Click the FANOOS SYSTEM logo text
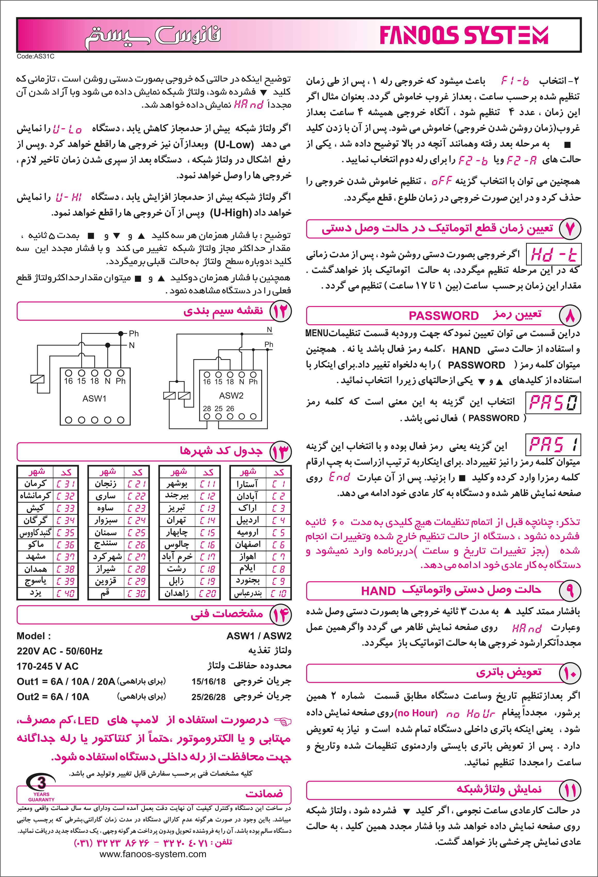click(x=464, y=36)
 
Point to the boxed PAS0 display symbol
click(x=553, y=403)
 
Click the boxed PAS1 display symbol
click(x=553, y=444)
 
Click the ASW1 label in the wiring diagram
click(x=94, y=399)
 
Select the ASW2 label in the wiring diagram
click(x=231, y=395)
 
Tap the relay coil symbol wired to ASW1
click(x=37, y=379)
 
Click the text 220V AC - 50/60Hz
click(x=59, y=651)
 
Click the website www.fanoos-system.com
click(x=153, y=854)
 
